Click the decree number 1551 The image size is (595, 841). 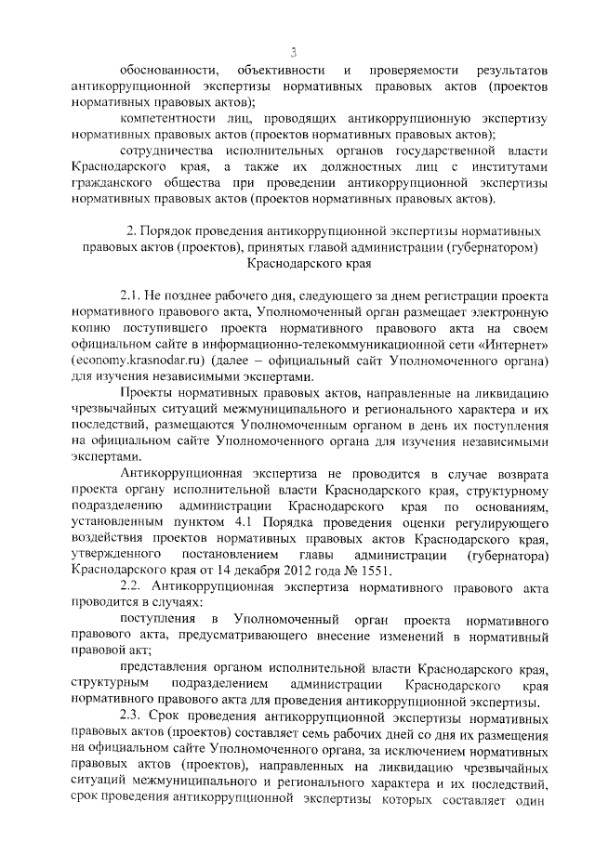point(377,572)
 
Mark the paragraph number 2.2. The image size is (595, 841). point(132,587)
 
